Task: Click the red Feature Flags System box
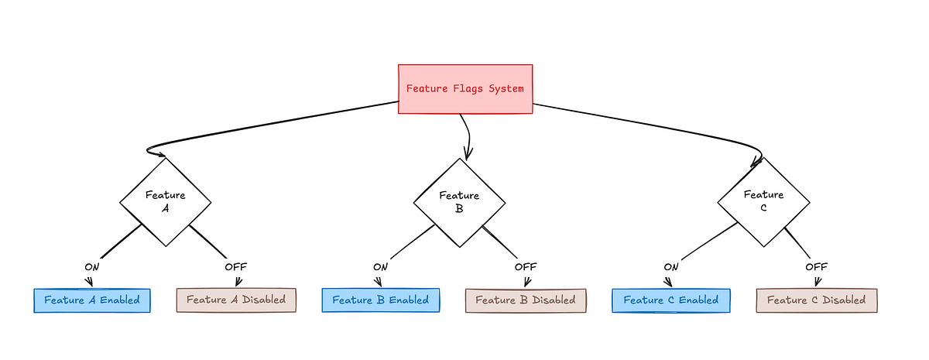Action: click(x=465, y=89)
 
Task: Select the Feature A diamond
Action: click(x=165, y=202)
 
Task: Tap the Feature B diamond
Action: click(x=459, y=202)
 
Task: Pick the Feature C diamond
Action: click(x=763, y=201)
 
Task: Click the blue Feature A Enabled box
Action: click(x=92, y=300)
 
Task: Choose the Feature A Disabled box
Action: click(x=236, y=300)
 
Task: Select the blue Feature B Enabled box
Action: click(x=380, y=300)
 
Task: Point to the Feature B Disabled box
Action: click(x=526, y=300)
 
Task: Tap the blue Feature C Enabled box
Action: click(x=671, y=300)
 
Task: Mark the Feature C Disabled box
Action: click(x=816, y=300)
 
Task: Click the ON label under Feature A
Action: click(x=92, y=267)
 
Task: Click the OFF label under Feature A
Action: click(x=236, y=267)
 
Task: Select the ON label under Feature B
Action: click(x=380, y=267)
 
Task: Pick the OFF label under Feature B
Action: click(x=526, y=267)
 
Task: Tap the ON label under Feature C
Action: click(x=671, y=267)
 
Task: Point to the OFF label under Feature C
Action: click(x=816, y=267)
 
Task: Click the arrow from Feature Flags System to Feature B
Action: click(x=468, y=135)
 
